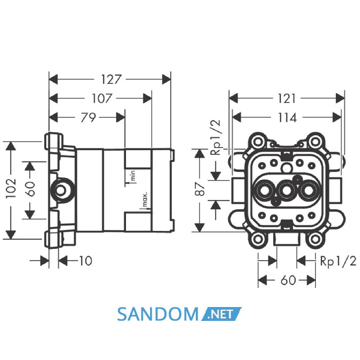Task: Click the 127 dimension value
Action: coord(111,79)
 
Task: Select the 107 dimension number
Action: coord(102,99)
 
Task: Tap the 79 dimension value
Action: coord(88,118)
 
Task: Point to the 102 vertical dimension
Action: coord(11,188)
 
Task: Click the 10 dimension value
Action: coord(85,261)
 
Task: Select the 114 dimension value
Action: coord(287,118)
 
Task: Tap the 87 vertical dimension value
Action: coord(200,189)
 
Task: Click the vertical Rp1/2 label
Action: coord(215,137)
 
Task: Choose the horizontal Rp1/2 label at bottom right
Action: coord(338,261)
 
